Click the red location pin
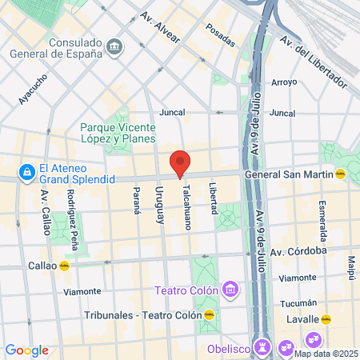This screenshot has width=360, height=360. pos(180,162)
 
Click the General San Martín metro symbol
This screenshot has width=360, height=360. pos(340,173)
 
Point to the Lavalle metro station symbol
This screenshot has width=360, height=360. pos(326,319)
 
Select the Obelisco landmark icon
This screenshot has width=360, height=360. pos(262,346)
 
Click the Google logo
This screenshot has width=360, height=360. pos(26,350)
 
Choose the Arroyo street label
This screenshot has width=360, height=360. pos(284,82)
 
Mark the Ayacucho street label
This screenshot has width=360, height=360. pos(33,89)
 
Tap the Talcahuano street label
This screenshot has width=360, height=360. pos(186,201)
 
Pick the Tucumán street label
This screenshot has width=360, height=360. pos(301,303)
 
